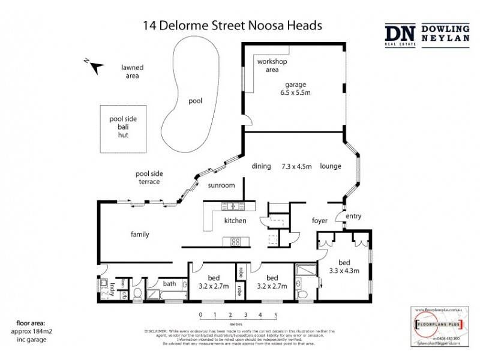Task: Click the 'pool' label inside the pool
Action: click(195, 101)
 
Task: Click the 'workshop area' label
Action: click(272, 65)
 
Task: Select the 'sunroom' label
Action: click(221, 185)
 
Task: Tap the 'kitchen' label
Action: click(235, 221)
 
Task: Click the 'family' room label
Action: click(140, 235)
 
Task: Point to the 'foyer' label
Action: click(320, 221)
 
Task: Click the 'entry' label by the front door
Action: click(353, 216)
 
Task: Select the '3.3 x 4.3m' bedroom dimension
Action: click(345, 271)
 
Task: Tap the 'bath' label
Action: click(169, 284)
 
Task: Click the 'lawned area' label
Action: click(133, 72)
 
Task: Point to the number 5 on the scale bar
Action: click(275, 314)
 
